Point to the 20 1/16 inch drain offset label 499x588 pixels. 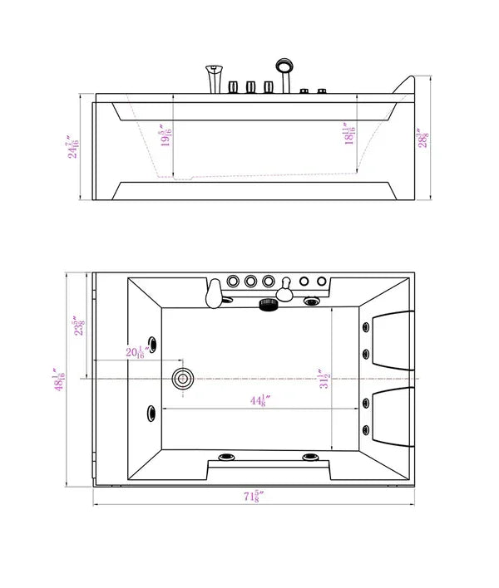click(136, 352)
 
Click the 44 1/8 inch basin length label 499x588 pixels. click(258, 402)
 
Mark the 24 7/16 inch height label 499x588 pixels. click(76, 148)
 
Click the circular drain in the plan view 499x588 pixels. click(182, 380)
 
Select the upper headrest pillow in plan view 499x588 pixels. click(393, 341)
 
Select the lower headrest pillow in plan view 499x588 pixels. click(393, 415)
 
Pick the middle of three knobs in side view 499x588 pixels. click(249, 87)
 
